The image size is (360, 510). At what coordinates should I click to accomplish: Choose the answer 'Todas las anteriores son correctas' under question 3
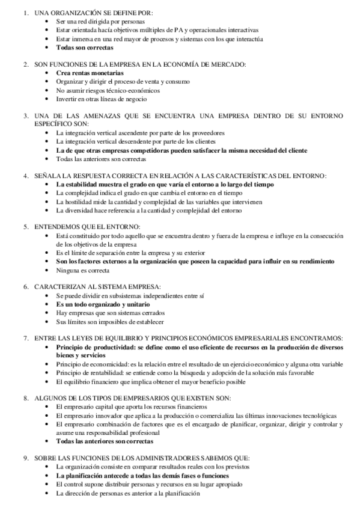click(101, 159)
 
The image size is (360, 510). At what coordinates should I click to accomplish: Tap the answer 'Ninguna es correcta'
click(79, 271)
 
